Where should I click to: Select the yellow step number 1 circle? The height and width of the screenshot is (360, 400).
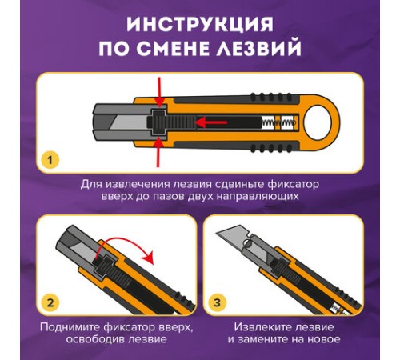point(50,160)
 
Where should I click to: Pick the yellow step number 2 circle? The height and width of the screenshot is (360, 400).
point(50,302)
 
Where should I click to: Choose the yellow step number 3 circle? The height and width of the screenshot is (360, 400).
point(218,302)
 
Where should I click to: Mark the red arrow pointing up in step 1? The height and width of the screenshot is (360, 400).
point(158,148)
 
